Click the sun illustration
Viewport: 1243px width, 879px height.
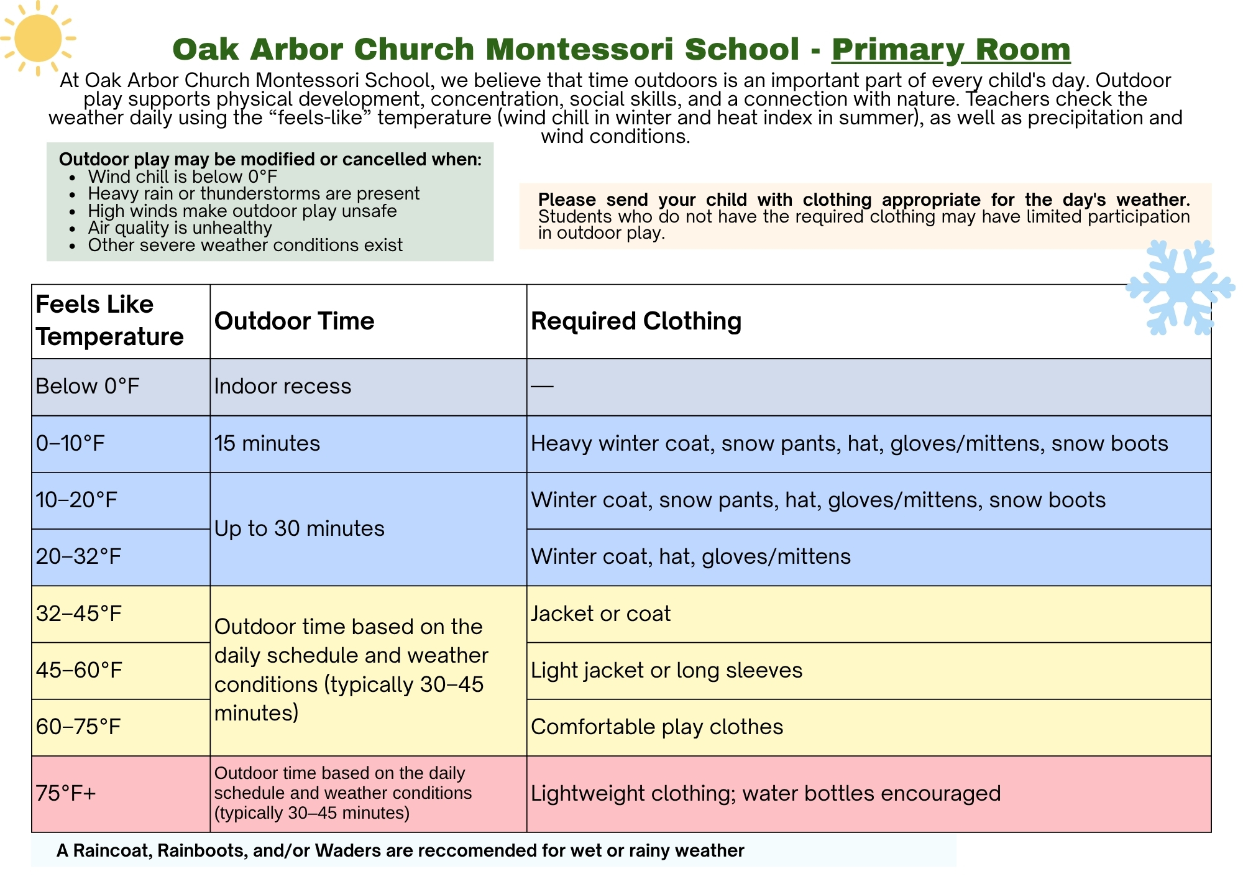(x=38, y=39)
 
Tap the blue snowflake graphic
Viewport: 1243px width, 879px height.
(x=1180, y=287)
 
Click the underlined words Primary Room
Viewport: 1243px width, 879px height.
(x=951, y=49)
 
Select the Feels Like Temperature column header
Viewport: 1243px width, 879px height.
(x=109, y=321)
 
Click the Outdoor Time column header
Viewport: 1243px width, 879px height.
(x=295, y=321)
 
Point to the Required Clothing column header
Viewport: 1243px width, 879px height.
(x=636, y=321)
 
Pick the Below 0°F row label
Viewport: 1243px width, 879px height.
(x=88, y=387)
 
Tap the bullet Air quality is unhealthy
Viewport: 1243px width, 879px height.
(x=180, y=228)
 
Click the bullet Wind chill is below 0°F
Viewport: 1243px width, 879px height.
(x=183, y=177)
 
